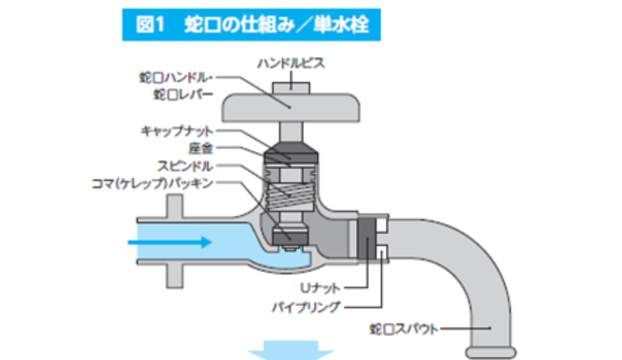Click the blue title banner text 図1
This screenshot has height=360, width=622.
[x=150, y=25]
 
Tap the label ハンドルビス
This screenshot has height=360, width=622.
[x=291, y=63]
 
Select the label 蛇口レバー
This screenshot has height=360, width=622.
[x=183, y=95]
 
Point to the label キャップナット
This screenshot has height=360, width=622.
[x=177, y=131]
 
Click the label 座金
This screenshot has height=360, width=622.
[x=201, y=149]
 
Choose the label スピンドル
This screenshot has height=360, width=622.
[x=185, y=166]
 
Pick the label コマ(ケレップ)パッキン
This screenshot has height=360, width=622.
[x=153, y=183]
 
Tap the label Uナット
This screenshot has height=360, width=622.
[x=320, y=288]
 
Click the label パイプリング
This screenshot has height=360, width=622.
[x=306, y=307]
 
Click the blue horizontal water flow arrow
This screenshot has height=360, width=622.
[x=170, y=242]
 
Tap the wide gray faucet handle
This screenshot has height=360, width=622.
[x=291, y=108]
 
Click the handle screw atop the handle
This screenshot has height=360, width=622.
[x=291, y=88]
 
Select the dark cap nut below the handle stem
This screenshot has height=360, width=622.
[x=291, y=153]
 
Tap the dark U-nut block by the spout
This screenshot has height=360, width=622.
[x=366, y=239]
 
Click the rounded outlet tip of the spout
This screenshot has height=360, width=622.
[x=491, y=353]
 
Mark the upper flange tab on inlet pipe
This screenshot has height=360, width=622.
[x=175, y=206]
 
